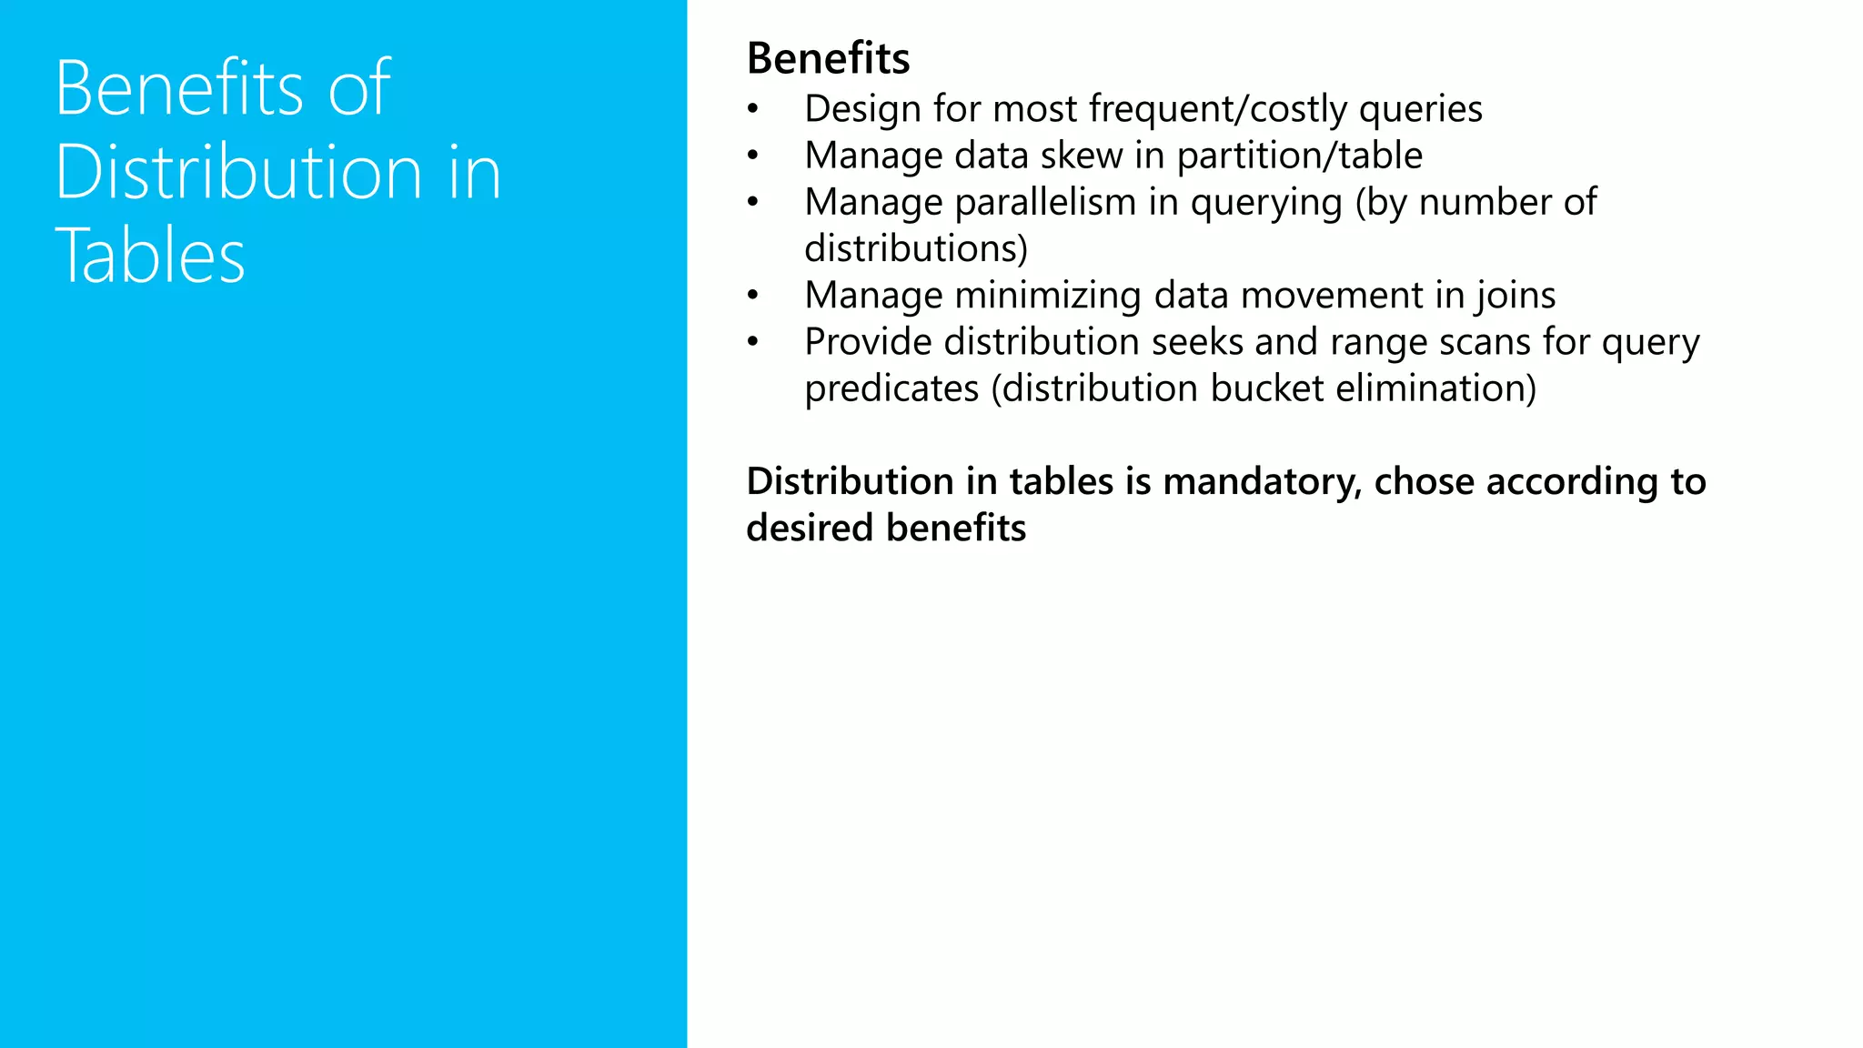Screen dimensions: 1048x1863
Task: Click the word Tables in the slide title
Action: click(x=150, y=256)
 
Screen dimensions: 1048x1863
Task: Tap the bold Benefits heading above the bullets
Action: click(x=828, y=58)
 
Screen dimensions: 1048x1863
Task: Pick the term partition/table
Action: click(x=1300, y=156)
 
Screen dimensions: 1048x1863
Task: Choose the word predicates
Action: click(x=891, y=388)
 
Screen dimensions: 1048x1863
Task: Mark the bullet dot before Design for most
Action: click(x=752, y=110)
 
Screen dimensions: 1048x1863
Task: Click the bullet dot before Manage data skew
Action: click(x=752, y=156)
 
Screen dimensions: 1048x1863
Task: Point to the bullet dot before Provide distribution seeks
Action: click(x=752, y=343)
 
